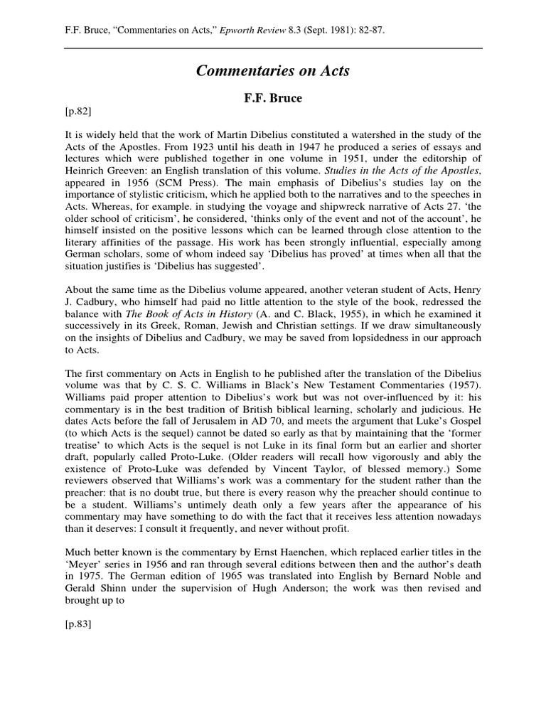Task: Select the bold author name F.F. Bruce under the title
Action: pos(273,98)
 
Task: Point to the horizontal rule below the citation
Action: pos(273,48)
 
